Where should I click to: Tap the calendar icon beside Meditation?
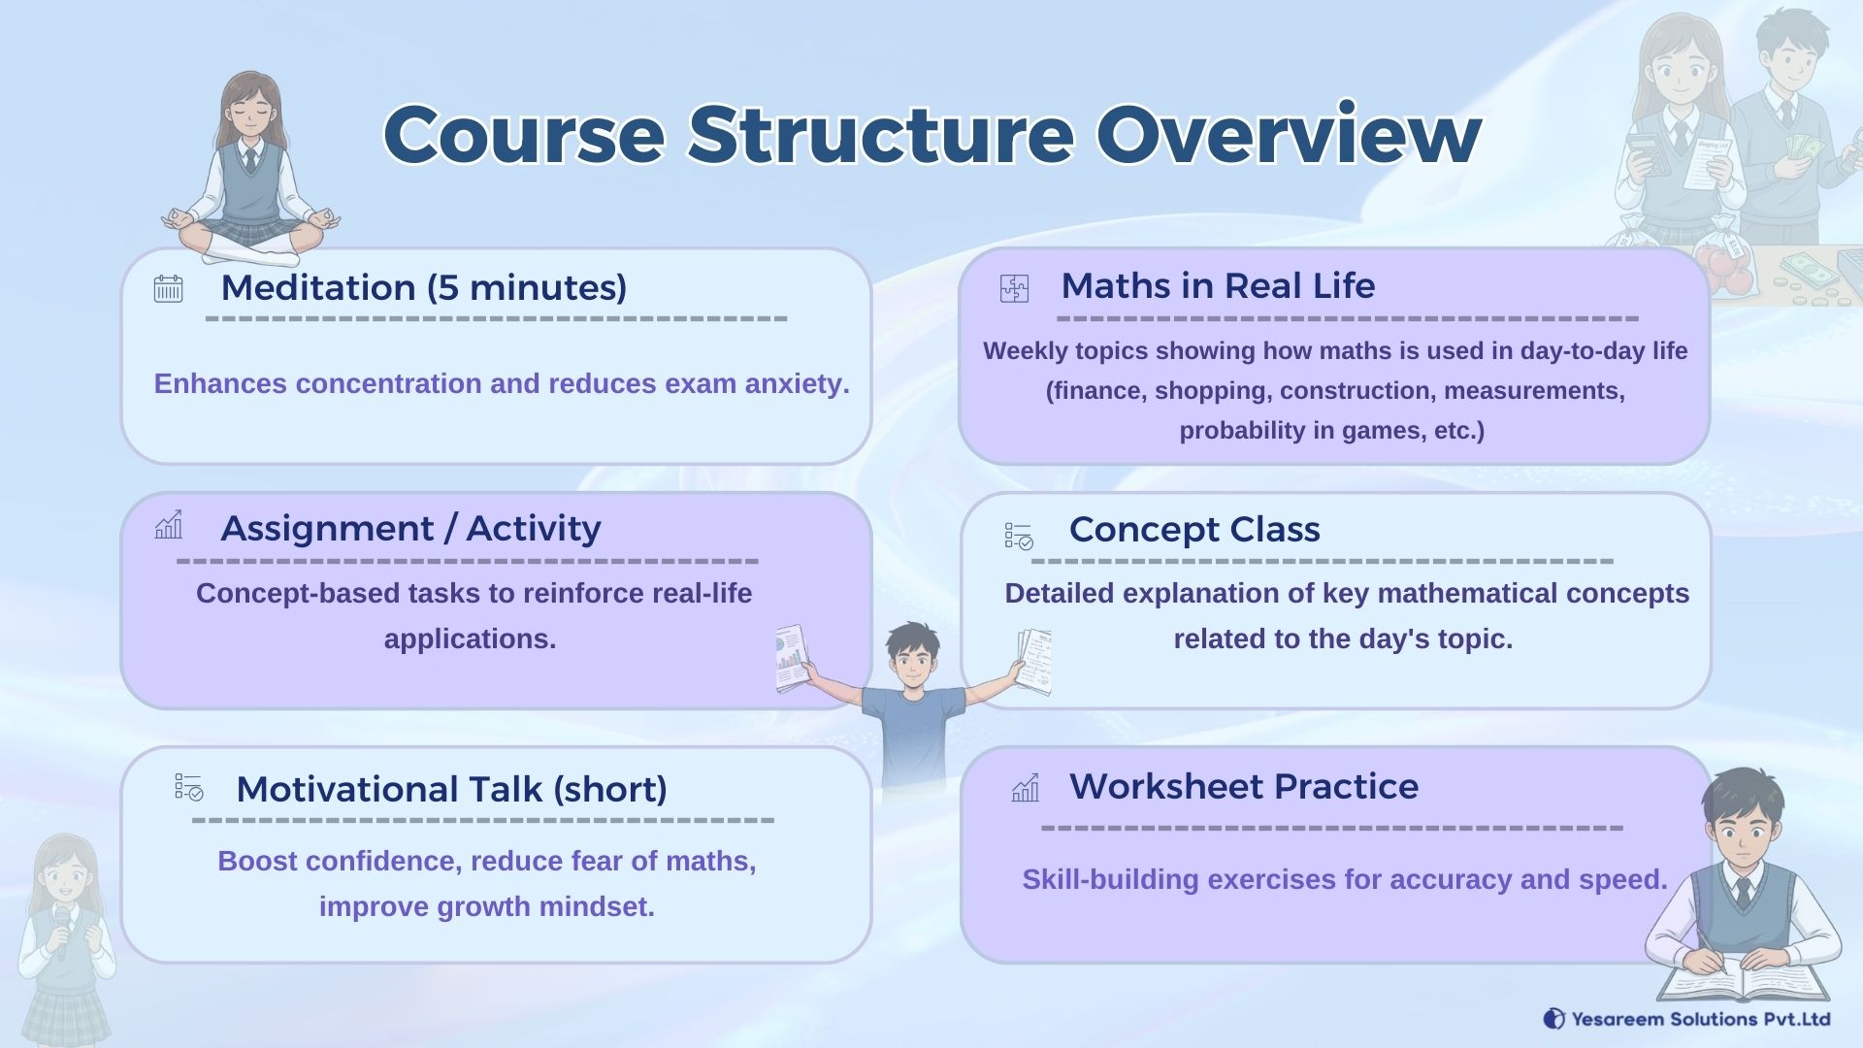168,288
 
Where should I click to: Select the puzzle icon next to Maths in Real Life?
1014,288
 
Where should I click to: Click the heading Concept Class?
1194,530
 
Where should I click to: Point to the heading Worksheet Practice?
1244,787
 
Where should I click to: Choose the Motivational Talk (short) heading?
451,789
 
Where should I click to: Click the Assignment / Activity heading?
410,529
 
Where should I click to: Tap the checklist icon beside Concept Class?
1019,536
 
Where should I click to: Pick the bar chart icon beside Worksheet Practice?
1025,788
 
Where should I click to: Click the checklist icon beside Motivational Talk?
189,787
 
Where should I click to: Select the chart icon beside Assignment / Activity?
168,525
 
